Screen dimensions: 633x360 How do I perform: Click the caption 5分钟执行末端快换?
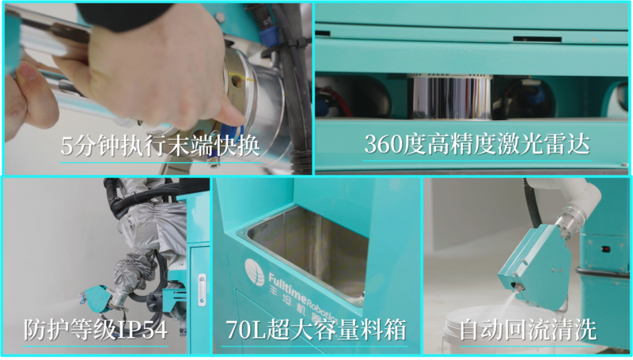click(161, 146)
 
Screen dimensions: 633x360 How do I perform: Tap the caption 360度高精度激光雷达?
click(477, 144)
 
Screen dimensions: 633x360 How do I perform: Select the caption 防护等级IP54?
click(95, 329)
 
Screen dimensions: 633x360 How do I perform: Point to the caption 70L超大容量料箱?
click(316, 329)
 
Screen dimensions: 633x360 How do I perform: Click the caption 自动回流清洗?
click(528, 329)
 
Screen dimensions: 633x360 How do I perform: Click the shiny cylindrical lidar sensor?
click(450, 97)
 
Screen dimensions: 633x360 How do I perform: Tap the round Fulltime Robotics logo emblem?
click(254, 272)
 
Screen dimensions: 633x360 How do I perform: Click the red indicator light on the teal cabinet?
click(605, 249)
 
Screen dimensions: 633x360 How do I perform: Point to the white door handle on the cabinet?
click(202, 290)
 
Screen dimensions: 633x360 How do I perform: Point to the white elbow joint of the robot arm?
click(582, 198)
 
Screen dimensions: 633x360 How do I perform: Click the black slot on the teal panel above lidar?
click(537, 39)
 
